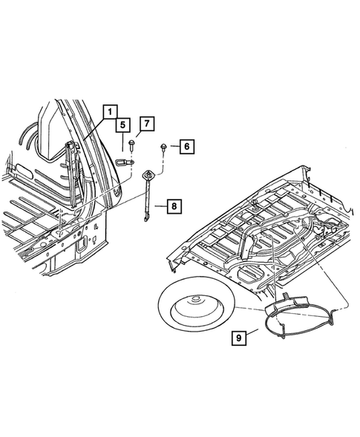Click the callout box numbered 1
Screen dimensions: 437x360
[108, 112]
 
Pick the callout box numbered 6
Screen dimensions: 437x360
[186, 147]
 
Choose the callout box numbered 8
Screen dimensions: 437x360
[174, 206]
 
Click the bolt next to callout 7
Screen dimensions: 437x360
[131, 142]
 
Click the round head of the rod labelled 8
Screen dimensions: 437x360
[150, 175]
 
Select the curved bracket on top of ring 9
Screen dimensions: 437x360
[287, 303]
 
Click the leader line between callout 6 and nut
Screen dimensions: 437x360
[172, 147]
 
